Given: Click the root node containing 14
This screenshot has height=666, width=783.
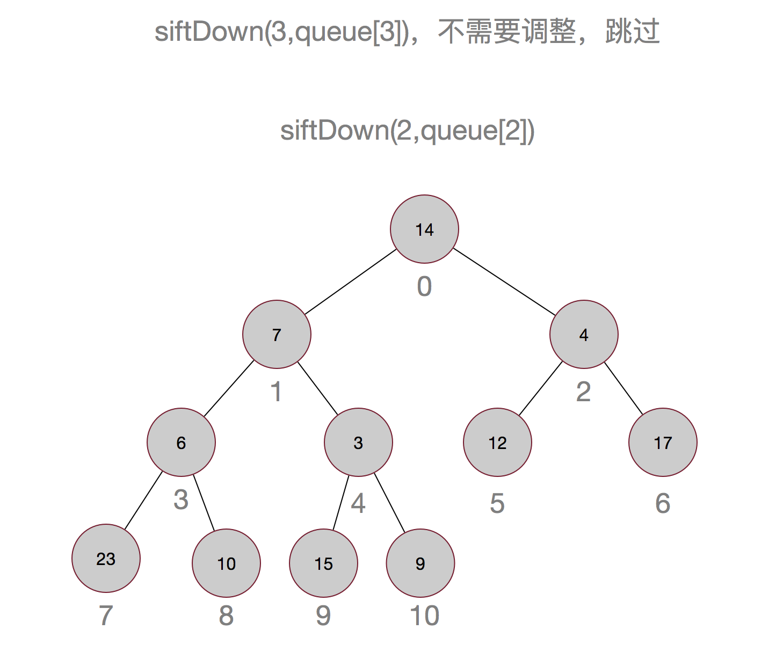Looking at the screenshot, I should [424, 229].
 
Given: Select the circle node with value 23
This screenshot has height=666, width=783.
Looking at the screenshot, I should [106, 559].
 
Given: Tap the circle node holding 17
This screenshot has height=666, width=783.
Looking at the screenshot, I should [663, 443].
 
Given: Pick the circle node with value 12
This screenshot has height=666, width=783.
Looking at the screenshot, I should [497, 443].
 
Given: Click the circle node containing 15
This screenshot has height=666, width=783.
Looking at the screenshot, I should [323, 563].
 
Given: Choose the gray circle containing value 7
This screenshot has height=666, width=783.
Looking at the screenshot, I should [277, 335].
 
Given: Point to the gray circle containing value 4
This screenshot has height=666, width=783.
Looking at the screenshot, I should [584, 335].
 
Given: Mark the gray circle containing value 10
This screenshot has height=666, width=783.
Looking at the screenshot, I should [226, 563].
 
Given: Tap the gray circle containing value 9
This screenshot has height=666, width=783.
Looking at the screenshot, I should [420, 563].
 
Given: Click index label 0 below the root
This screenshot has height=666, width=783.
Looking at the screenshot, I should [424, 286].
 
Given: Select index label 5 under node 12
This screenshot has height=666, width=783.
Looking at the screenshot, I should [497, 504].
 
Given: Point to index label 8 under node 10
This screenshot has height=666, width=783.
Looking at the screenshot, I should [226, 616].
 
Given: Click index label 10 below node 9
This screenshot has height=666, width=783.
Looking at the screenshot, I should [424, 616].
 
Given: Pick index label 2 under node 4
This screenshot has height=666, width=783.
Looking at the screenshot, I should [584, 392].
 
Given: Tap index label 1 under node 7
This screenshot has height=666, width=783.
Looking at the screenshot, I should [276, 392].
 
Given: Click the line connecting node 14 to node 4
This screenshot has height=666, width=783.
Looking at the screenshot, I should [504, 281].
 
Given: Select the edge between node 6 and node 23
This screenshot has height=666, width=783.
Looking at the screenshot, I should [143, 501].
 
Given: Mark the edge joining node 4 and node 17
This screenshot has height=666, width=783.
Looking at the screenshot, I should [624, 388].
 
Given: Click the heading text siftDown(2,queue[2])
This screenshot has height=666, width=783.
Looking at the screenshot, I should [407, 131].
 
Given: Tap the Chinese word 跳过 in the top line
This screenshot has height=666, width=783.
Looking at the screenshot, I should [632, 32].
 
